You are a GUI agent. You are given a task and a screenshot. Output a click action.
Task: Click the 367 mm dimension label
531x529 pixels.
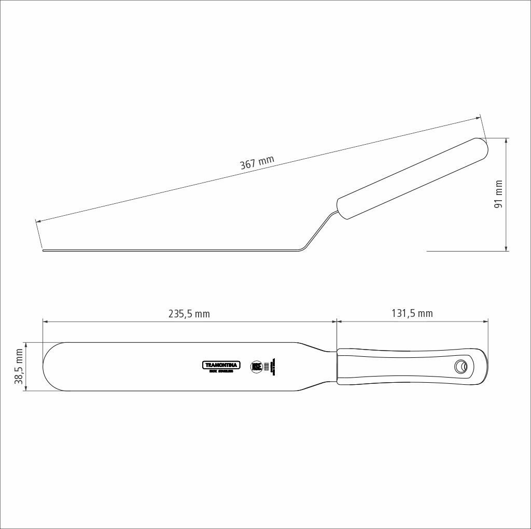(257, 163)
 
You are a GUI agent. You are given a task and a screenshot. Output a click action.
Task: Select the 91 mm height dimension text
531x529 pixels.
(499, 194)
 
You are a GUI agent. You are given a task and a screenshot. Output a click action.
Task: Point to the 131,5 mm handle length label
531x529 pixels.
(412, 313)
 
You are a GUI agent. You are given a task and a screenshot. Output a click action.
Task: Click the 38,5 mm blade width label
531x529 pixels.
(19, 366)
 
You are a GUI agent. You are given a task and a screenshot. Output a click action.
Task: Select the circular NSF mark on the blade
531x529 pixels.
(256, 366)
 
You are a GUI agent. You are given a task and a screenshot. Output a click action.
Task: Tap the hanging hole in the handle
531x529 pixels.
(460, 366)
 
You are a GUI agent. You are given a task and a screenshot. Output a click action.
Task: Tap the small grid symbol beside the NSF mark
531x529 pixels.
(267, 366)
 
